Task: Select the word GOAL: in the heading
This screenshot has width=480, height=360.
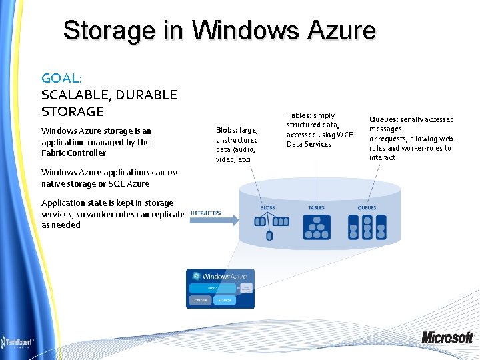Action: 65,78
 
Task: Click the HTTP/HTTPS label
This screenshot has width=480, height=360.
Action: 205,213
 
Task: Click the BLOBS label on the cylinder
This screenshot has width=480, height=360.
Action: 267,207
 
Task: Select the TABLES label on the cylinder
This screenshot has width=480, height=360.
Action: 316,207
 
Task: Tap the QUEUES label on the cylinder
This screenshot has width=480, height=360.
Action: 367,207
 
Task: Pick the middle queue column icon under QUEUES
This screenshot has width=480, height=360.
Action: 367,227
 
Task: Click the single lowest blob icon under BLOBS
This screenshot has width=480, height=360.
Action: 269,236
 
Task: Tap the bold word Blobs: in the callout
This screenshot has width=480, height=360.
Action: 227,131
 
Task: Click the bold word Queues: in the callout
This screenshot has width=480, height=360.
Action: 383,119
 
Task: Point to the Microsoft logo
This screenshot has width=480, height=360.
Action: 447,337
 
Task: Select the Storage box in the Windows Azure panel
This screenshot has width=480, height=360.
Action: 223,301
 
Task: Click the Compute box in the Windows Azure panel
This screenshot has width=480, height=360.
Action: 200,301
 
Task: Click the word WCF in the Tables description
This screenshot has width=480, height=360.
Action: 344,135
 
